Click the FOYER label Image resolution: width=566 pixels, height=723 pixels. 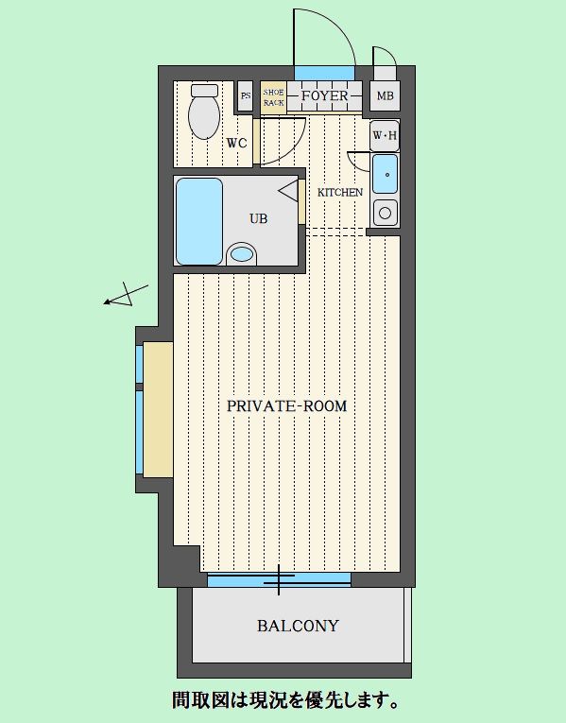click(324, 95)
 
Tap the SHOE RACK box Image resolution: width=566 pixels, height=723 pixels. click(273, 97)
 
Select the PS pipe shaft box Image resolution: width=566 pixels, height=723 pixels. click(246, 95)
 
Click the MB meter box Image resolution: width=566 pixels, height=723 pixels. click(385, 95)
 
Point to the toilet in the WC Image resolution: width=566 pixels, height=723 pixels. click(204, 112)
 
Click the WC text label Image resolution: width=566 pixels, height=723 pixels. click(236, 144)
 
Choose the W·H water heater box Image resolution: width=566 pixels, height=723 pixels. click(385, 135)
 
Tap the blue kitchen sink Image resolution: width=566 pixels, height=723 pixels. click(385, 174)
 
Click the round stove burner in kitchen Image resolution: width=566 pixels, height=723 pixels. click(385, 214)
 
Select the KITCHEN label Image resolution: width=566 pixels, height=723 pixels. click(340, 192)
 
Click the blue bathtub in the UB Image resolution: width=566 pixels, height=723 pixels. click(199, 221)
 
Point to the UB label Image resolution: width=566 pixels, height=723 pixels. click(259, 218)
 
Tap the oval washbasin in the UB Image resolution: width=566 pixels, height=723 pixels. click(242, 253)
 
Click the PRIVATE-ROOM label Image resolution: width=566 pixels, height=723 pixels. click(286, 406)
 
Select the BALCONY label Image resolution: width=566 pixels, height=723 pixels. click(298, 626)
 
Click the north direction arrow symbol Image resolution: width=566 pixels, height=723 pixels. click(126, 295)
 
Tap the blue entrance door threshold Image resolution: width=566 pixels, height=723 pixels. click(324, 73)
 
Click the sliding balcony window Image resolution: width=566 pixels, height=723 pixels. click(279, 579)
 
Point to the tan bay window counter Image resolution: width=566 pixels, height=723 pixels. click(158, 409)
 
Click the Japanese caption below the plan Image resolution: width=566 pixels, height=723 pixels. click(285, 700)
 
